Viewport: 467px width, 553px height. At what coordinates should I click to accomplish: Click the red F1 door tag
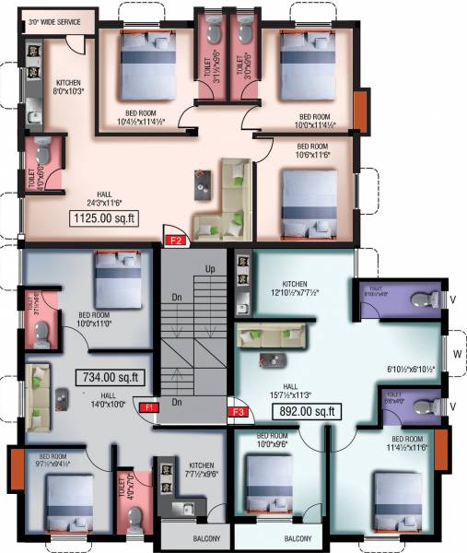(x=147, y=406)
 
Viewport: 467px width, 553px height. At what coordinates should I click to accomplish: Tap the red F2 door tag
(x=177, y=241)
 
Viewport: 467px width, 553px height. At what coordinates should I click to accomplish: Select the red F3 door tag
(x=238, y=411)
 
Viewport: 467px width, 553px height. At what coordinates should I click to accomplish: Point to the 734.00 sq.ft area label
(x=110, y=376)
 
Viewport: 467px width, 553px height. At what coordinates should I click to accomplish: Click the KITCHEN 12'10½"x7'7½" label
(x=295, y=288)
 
